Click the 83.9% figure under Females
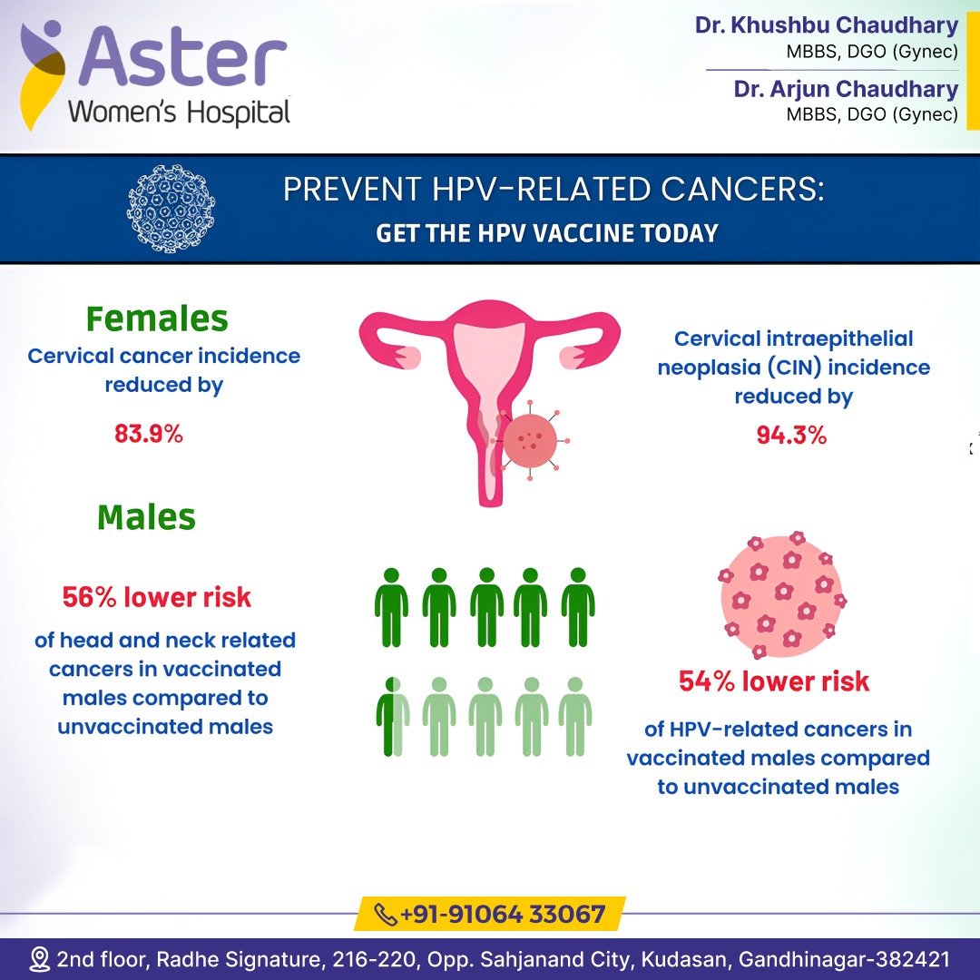pyautogui.click(x=149, y=433)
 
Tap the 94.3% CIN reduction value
pyautogui.click(x=791, y=435)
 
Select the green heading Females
pyautogui.click(x=157, y=318)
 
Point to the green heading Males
pyautogui.click(x=146, y=517)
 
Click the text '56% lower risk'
pyautogui.click(x=156, y=597)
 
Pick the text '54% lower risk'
pyautogui.click(x=774, y=681)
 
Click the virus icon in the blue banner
pyautogui.click(x=171, y=209)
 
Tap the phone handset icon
pyautogui.click(x=385, y=915)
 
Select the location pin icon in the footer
pyautogui.click(x=40, y=959)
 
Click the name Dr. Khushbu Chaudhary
pyautogui.click(x=827, y=25)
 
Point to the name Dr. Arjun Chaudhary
pyautogui.click(x=846, y=89)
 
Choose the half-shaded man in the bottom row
pyautogui.click(x=393, y=717)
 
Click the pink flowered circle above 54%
pyautogui.click(x=781, y=595)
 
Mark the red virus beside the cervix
pyautogui.click(x=530, y=441)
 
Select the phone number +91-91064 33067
pyautogui.click(x=502, y=915)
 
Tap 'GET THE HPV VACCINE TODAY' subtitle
pyautogui.click(x=547, y=233)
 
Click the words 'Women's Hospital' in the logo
pyautogui.click(x=180, y=113)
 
